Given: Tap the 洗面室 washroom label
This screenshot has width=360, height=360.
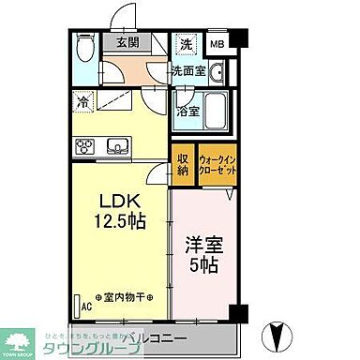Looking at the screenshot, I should point(187,71).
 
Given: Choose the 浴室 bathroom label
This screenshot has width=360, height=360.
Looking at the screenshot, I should point(186,110).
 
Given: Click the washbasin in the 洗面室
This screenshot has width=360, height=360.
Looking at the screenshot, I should point(215,73).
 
